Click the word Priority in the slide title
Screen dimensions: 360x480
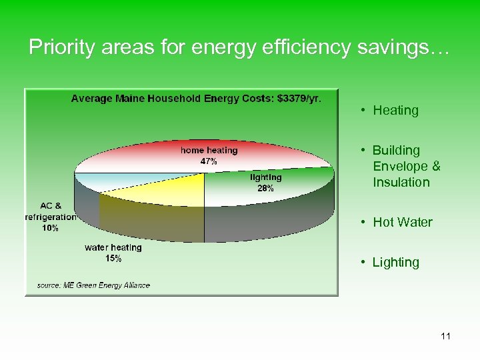(x=55, y=48)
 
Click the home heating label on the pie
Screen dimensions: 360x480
(x=209, y=151)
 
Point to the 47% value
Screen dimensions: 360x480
(x=209, y=161)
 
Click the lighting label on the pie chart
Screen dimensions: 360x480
(x=265, y=177)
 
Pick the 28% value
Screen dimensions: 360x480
(x=265, y=188)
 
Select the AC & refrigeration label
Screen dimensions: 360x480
(x=50, y=211)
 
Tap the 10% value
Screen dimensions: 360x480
(x=50, y=228)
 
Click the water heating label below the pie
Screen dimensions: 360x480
(x=113, y=247)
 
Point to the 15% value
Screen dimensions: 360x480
(x=113, y=259)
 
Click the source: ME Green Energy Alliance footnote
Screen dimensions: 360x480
(x=93, y=285)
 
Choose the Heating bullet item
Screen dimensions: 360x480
(x=395, y=111)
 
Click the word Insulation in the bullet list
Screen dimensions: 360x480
(x=401, y=183)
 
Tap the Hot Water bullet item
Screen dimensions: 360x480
(x=403, y=223)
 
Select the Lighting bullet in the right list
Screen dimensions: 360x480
(x=396, y=263)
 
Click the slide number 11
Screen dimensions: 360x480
(x=445, y=337)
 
